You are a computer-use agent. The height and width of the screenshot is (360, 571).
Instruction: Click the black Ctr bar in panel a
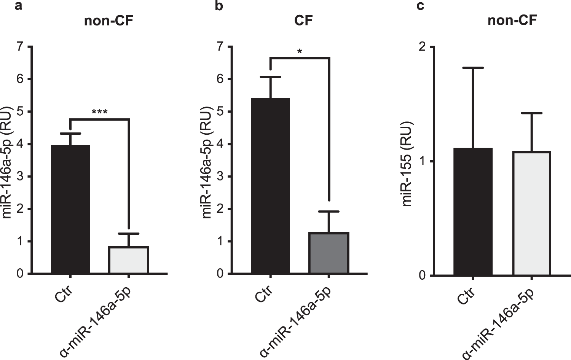[x=70, y=209]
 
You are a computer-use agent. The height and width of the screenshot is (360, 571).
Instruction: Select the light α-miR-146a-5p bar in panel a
[x=129, y=260]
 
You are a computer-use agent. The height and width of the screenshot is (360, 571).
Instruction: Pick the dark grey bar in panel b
[x=329, y=253]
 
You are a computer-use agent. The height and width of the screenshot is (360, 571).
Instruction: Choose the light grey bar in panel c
[x=531, y=213]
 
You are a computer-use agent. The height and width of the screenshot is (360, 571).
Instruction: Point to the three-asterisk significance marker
[x=100, y=112]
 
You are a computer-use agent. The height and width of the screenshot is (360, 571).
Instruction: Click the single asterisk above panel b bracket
[x=300, y=51]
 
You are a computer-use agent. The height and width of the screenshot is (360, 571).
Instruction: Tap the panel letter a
[x=18, y=6]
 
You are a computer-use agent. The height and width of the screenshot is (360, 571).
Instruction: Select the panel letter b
[x=219, y=6]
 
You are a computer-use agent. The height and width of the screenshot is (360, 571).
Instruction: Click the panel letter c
[x=421, y=6]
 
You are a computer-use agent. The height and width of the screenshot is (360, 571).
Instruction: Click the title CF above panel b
[x=303, y=21]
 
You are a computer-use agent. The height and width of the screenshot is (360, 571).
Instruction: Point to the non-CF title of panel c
[x=512, y=21]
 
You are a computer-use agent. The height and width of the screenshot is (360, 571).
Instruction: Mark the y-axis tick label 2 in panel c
[x=422, y=47]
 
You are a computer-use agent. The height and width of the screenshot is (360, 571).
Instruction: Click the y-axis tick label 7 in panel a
[x=20, y=47]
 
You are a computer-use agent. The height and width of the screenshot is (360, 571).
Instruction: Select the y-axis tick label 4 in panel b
[x=220, y=144]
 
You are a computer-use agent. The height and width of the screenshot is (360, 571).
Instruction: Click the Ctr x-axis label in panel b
[x=264, y=294]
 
